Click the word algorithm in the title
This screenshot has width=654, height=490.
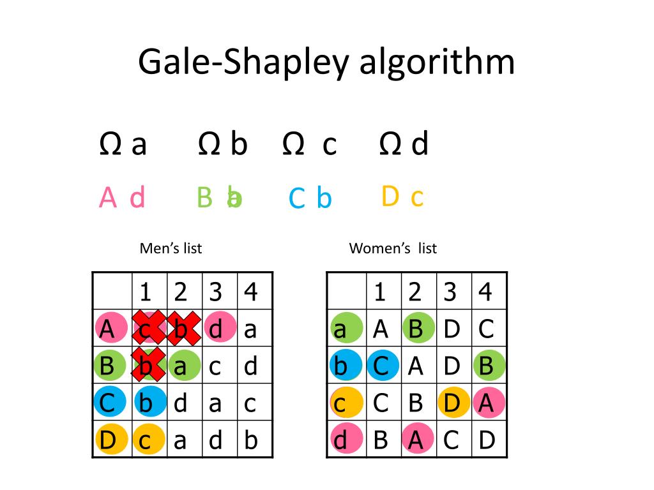click(437, 63)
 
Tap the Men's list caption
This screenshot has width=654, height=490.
click(171, 248)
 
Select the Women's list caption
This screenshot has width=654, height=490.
click(393, 248)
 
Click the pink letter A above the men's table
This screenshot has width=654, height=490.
click(108, 198)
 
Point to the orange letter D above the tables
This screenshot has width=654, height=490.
click(390, 197)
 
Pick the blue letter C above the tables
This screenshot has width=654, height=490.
click(297, 200)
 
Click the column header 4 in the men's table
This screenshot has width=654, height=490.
click(251, 292)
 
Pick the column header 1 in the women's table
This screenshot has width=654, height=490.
click(380, 292)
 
